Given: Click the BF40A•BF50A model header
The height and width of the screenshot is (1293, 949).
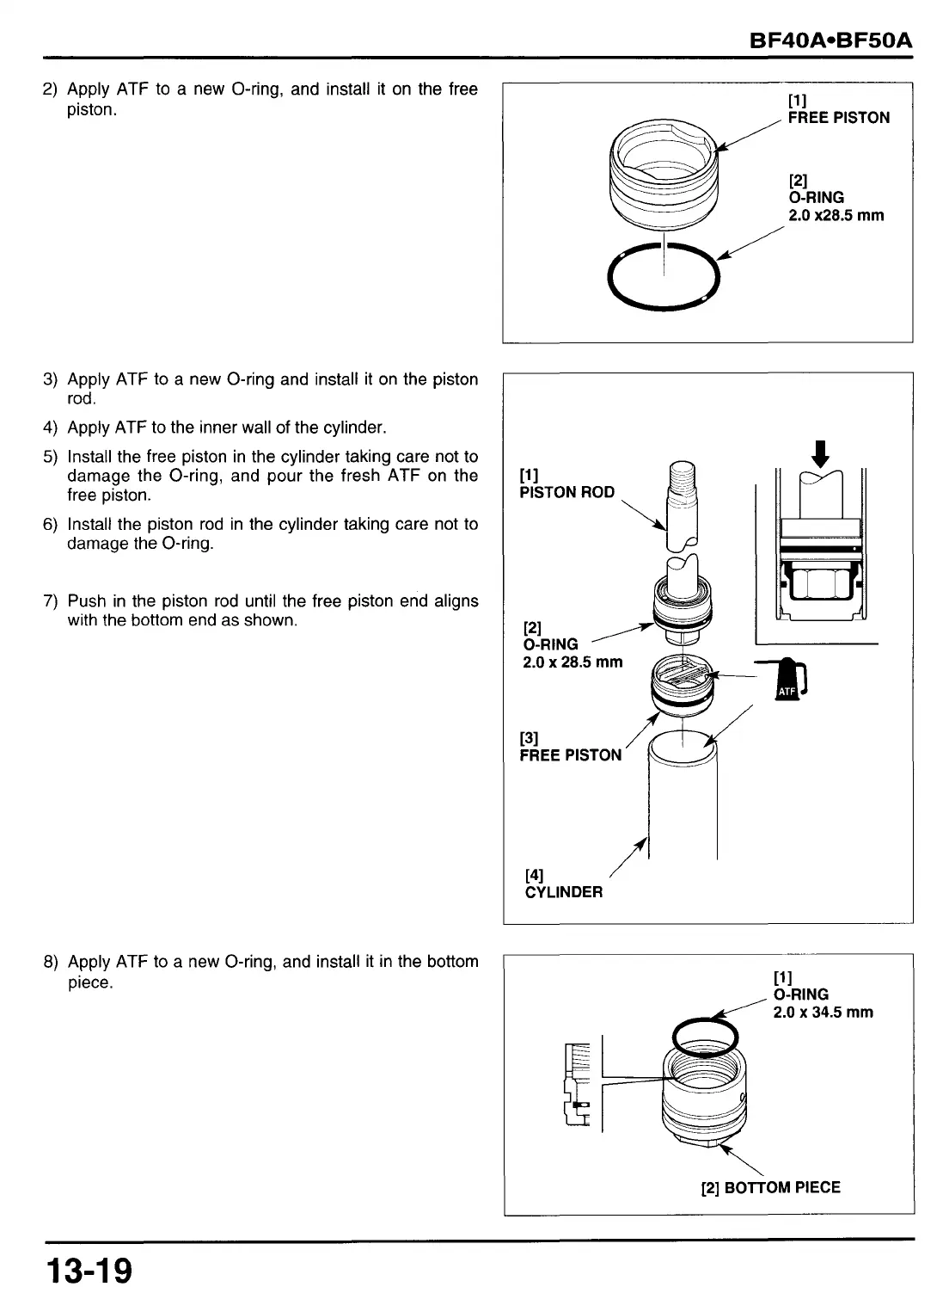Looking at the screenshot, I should [x=830, y=41].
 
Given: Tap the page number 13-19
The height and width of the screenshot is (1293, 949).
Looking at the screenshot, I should [x=89, y=1269].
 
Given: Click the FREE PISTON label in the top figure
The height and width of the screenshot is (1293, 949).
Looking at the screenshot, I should [x=838, y=118].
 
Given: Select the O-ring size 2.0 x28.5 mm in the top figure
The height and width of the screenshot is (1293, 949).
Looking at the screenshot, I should [x=836, y=216].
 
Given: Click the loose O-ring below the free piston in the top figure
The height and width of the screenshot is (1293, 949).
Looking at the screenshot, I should [x=662, y=278].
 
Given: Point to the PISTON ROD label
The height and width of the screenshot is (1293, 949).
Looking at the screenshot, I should [x=566, y=492].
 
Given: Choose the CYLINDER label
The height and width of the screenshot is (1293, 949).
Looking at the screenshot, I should [x=564, y=892].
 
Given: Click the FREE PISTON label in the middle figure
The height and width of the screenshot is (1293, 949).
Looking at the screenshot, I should [x=570, y=755].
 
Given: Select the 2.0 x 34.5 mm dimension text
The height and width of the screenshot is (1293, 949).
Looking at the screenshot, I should [x=823, y=1013].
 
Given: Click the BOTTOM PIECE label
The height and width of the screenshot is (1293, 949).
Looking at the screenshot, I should [x=781, y=1188].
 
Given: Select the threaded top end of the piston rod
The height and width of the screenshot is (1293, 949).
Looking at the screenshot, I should [x=683, y=478].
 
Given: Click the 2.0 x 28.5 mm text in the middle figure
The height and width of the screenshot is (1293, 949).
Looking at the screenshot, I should [x=572, y=663].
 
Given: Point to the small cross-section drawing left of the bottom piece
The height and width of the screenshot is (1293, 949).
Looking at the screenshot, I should [x=576, y=1084].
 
